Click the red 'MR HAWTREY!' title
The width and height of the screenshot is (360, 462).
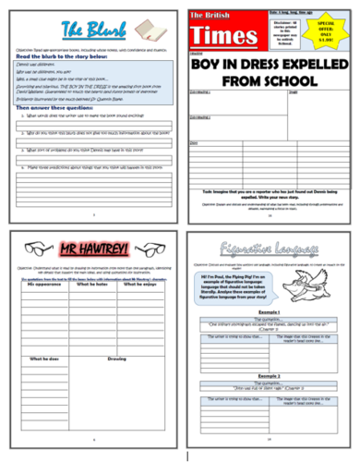89,249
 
